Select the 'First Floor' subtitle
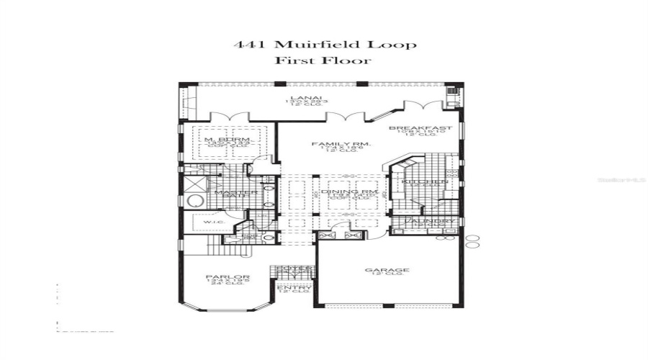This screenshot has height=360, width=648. tap(323, 60)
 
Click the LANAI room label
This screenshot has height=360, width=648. tap(295, 96)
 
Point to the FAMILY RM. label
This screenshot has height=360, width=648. tap(341, 144)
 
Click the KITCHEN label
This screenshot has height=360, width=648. tap(424, 183)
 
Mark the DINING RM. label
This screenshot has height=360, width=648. tap(345, 192)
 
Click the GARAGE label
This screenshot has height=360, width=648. tap(387, 271)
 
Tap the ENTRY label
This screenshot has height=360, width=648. tap(294, 287)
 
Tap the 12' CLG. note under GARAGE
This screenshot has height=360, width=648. tap(387, 276)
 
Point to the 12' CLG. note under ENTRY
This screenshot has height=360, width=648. tap(294, 292)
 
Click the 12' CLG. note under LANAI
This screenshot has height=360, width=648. tap(295, 107)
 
